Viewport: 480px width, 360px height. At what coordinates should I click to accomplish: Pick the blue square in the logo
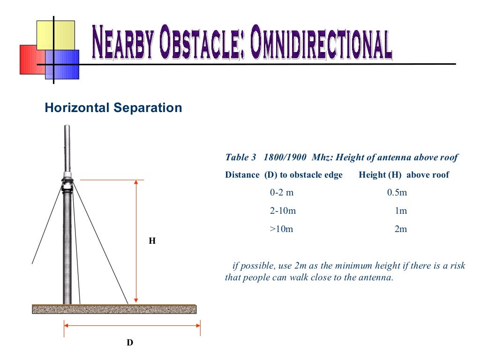click(66, 66)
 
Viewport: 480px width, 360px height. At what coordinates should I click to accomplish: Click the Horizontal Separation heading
click(113, 108)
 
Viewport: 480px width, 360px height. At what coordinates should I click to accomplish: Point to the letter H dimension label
click(152, 241)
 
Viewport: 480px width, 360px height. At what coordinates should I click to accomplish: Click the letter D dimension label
click(130, 343)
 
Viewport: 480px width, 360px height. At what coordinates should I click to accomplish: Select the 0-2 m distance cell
click(282, 193)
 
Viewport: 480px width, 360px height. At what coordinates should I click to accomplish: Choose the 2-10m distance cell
click(283, 211)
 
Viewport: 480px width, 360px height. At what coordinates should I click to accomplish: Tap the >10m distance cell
click(281, 229)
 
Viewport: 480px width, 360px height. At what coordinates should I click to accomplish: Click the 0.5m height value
click(397, 193)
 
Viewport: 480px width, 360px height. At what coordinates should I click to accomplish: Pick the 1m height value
click(401, 211)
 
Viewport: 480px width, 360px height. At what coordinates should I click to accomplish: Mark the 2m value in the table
click(401, 229)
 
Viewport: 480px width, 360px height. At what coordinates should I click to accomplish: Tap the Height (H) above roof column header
click(404, 175)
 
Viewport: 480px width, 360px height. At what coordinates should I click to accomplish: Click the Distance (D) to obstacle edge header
click(284, 175)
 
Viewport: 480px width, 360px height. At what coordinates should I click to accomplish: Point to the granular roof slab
click(114, 309)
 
